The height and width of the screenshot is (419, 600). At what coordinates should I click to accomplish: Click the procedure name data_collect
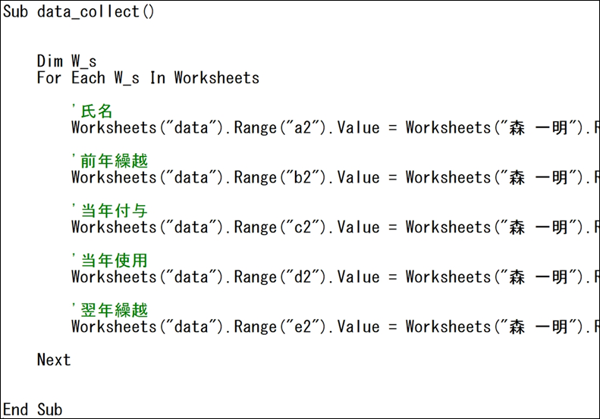tap(88, 12)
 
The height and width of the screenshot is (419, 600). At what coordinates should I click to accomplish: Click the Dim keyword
tap(50, 61)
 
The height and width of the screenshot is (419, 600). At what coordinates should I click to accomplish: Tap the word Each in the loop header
tap(88, 78)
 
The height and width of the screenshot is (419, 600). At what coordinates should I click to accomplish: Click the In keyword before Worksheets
tap(157, 78)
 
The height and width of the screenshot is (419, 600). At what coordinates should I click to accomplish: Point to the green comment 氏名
tap(96, 111)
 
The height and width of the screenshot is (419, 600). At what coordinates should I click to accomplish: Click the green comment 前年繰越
tap(114, 161)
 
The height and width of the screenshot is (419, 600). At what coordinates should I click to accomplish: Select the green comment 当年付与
tap(114, 211)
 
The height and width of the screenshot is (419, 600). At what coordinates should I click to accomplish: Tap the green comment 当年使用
tap(114, 261)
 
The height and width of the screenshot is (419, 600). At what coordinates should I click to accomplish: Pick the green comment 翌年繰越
tap(114, 310)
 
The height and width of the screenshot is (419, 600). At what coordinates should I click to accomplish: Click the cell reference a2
tap(303, 128)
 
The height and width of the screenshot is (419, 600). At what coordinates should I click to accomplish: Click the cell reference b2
tap(303, 178)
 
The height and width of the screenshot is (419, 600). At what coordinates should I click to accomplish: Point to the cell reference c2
tap(303, 227)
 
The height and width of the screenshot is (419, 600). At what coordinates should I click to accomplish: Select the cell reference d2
tap(303, 277)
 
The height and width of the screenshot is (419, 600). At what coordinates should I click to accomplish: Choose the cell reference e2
tap(303, 327)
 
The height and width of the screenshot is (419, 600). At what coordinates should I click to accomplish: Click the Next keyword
tap(54, 360)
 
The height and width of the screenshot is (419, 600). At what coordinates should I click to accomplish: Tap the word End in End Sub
tap(15, 409)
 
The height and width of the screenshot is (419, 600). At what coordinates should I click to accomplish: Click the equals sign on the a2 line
tap(393, 128)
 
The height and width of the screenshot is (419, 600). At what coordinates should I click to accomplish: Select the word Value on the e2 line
tap(359, 327)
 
